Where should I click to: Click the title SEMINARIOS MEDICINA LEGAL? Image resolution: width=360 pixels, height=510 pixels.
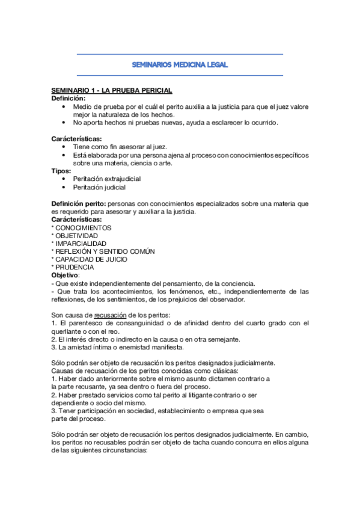pos(180,65)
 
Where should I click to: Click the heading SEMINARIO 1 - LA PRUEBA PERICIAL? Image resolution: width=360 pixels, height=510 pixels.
pos(112,90)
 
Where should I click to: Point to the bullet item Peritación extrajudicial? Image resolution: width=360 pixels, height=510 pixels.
pos(107,179)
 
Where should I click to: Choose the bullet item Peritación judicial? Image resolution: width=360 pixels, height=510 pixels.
pos(99,188)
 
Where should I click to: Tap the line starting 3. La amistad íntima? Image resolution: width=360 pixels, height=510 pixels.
pos(125,347)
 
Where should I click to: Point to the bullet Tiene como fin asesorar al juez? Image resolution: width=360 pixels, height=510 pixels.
pos(120,147)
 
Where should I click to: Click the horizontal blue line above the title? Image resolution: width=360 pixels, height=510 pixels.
pos(180,54)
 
